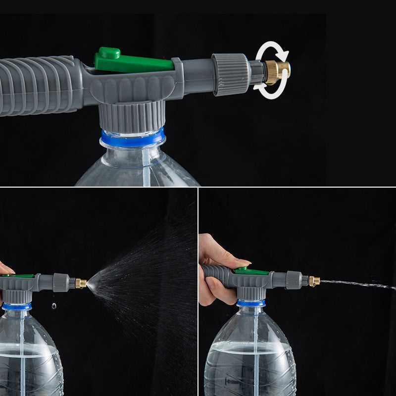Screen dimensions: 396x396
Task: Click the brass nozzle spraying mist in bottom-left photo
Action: (81, 283)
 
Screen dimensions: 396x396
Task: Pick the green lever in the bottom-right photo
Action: (251, 271)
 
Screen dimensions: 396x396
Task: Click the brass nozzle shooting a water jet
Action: (314, 281)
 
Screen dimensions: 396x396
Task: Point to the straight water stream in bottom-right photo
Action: (356, 284)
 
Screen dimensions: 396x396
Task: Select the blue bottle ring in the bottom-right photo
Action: (251, 303)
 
